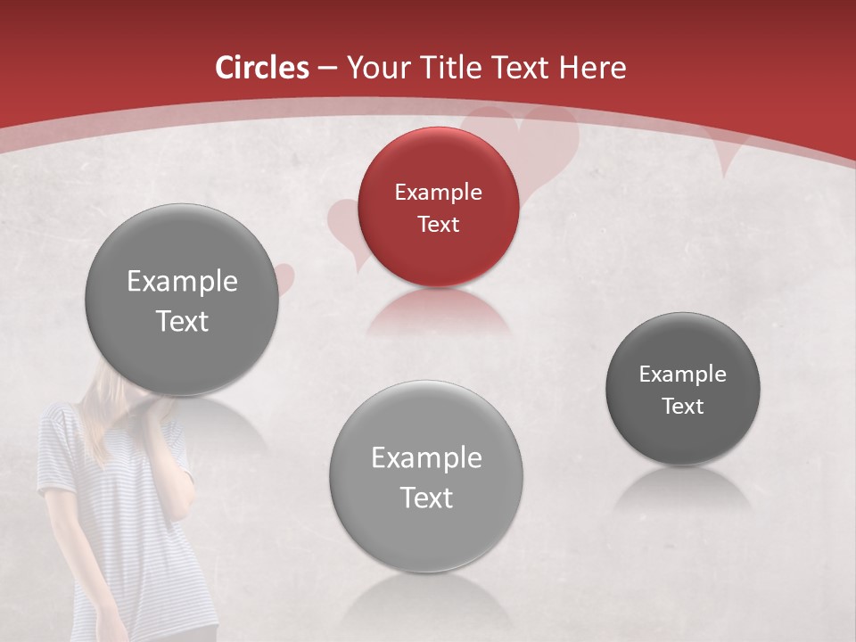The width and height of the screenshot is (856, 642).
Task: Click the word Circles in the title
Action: (x=261, y=68)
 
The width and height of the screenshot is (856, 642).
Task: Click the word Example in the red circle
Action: (x=438, y=192)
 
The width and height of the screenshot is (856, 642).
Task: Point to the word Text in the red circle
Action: (x=438, y=224)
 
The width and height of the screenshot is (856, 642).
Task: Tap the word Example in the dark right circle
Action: (x=683, y=374)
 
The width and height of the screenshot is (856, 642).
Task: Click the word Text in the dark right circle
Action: (x=683, y=407)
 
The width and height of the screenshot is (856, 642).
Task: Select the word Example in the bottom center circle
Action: (x=426, y=458)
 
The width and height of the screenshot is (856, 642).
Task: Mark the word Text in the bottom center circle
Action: (x=426, y=498)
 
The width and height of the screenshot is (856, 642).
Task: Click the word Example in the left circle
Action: (x=182, y=282)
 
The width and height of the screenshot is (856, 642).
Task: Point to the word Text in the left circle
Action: (x=182, y=321)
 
